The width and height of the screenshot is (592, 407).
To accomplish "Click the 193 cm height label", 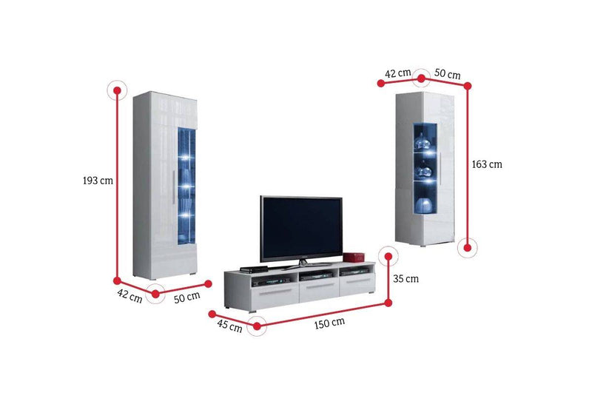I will pos(98,180).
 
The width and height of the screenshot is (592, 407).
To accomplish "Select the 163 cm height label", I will pos(487,164).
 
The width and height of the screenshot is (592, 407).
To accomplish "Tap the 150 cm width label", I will pos(329,323).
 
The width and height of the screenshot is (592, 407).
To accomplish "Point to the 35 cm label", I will pos(406,279).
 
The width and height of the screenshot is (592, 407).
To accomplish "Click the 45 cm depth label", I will pos(229,326).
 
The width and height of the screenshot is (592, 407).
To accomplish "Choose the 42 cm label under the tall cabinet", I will pos(130,297).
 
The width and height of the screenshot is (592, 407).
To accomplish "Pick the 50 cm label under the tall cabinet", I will pos(186,297).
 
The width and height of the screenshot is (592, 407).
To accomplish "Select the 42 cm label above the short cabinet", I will pos(398,73).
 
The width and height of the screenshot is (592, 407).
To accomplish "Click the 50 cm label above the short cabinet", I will pos(447,74).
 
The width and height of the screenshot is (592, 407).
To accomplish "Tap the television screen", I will pos(300,227).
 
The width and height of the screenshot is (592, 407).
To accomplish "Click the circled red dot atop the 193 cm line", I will pos(116,91).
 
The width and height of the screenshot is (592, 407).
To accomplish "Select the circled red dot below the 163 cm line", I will pos(468,247).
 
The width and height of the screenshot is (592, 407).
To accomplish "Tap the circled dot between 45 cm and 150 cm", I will pos(256,326).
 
